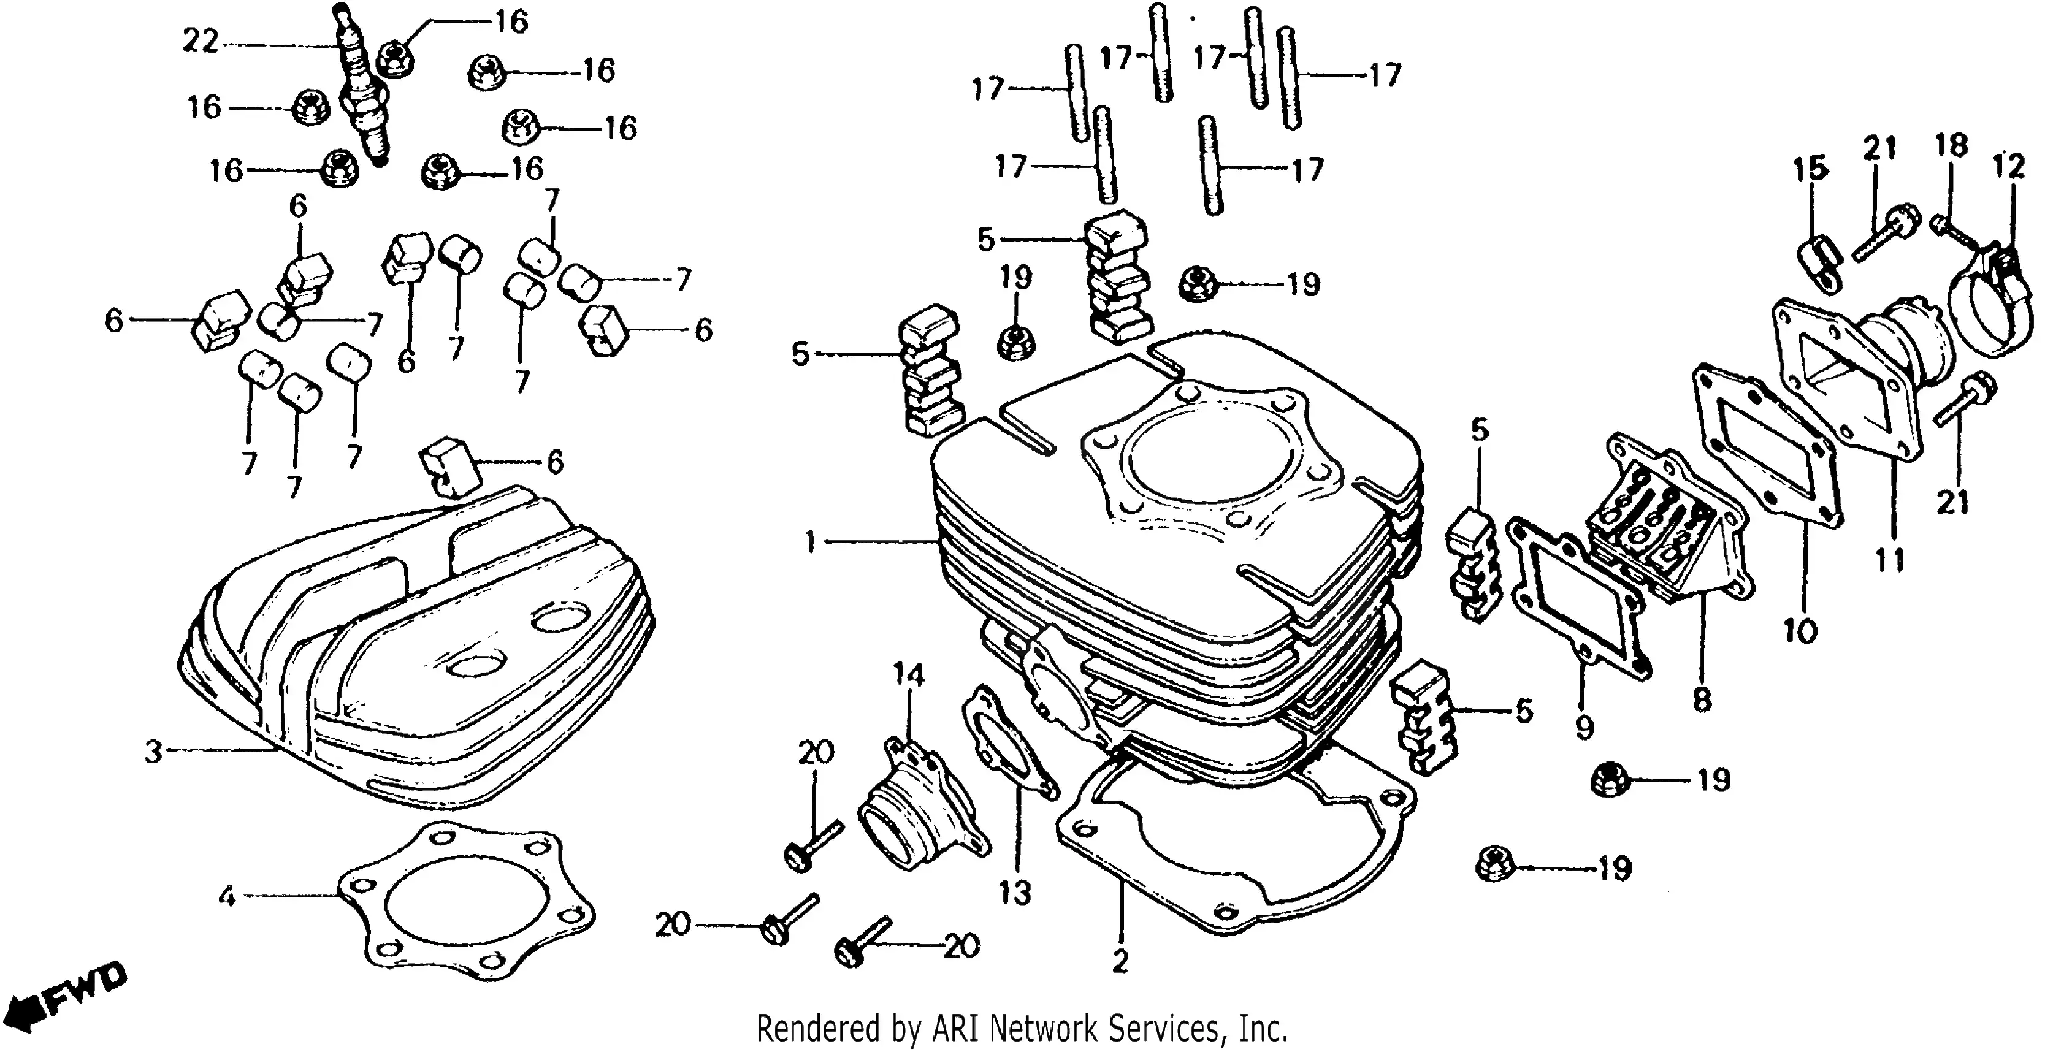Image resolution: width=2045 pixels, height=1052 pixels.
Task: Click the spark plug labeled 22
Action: tap(363, 91)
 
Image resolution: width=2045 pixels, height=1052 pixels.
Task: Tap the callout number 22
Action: tap(200, 40)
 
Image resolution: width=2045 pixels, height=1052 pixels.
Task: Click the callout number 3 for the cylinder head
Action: tap(153, 752)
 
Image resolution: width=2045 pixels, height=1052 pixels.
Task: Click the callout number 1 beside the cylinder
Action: tap(810, 543)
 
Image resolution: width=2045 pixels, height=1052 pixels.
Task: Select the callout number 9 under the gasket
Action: tap(1584, 726)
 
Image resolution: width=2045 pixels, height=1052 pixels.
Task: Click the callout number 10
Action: tap(1800, 631)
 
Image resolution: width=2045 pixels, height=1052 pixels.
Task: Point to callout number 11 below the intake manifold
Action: tap(1890, 560)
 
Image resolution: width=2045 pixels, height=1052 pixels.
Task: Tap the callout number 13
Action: tap(1015, 893)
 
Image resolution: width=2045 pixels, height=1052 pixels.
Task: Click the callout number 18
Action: tap(1951, 145)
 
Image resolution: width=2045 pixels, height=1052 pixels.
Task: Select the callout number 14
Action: tap(909, 675)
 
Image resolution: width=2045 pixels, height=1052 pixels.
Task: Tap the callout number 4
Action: tap(227, 897)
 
